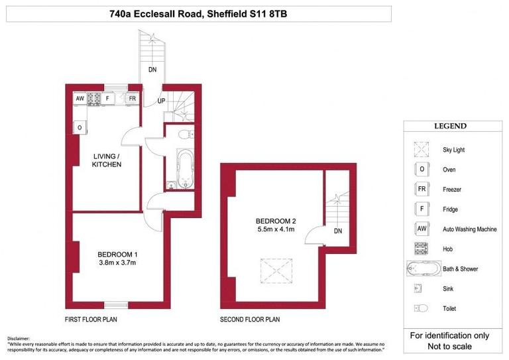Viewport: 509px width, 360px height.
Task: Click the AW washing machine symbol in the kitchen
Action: pos(80,99)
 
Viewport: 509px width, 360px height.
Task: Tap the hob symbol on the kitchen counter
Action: pos(93,99)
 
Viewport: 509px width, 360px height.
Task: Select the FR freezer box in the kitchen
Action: pos(133,99)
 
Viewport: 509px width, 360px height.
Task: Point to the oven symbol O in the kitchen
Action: pos(80,127)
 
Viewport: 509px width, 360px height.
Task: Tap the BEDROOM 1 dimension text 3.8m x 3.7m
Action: pos(117,263)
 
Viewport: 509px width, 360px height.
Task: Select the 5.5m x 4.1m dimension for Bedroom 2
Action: pos(275,229)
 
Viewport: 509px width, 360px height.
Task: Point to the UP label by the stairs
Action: pos(161,101)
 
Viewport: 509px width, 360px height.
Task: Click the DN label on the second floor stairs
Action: pos(337,231)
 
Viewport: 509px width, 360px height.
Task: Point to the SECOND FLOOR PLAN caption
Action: pos(250,320)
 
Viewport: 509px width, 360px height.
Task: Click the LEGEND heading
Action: pos(450,126)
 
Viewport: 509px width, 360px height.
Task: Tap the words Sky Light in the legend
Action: pos(453,150)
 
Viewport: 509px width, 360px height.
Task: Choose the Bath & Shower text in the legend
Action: pos(460,269)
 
